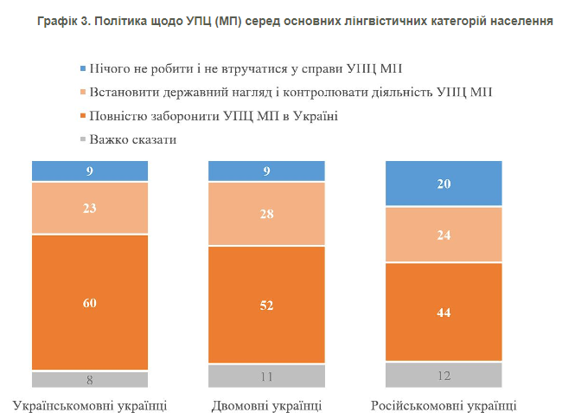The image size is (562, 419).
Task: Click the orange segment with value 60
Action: point(90,303)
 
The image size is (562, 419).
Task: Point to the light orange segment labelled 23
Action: point(90,208)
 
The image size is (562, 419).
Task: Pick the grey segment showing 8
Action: point(90,379)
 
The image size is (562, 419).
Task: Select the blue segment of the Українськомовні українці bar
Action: point(90,171)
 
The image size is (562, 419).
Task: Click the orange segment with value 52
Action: point(266,305)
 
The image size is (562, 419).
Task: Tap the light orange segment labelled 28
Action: point(266,214)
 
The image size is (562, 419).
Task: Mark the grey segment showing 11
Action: point(266,376)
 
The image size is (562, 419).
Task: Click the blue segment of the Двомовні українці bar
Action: point(266,171)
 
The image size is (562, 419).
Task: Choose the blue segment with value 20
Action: point(444,184)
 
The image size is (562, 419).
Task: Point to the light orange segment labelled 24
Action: point(444,234)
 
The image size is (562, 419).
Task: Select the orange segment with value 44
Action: point(444,312)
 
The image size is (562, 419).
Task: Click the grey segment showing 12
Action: point(444,374)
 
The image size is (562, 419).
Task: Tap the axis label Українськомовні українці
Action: point(90,405)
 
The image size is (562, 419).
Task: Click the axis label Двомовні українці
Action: point(266,405)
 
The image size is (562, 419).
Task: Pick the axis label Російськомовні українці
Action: point(444,405)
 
